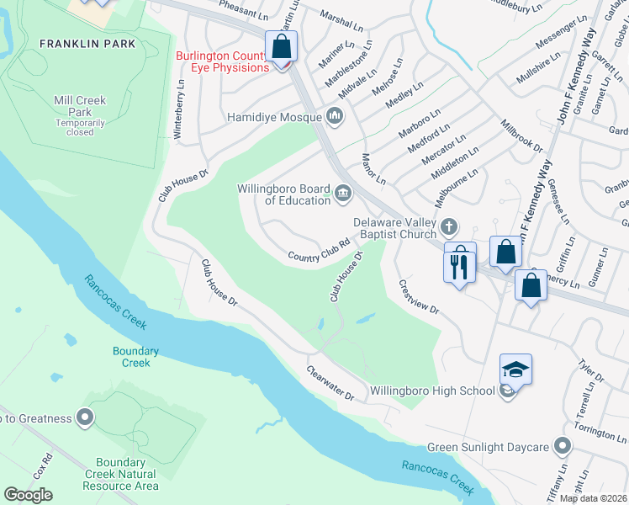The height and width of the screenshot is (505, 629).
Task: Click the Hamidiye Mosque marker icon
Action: coord(335,115)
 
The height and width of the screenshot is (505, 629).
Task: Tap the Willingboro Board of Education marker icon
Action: coord(342,194)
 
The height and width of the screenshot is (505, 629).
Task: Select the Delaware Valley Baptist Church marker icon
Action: coord(450,226)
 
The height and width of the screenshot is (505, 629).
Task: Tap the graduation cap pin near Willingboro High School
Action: coord(515,370)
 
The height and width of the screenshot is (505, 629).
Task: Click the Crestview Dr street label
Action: coord(418,297)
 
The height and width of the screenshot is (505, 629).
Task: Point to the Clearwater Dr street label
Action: coord(330,382)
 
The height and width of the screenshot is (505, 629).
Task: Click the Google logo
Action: coord(29,494)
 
